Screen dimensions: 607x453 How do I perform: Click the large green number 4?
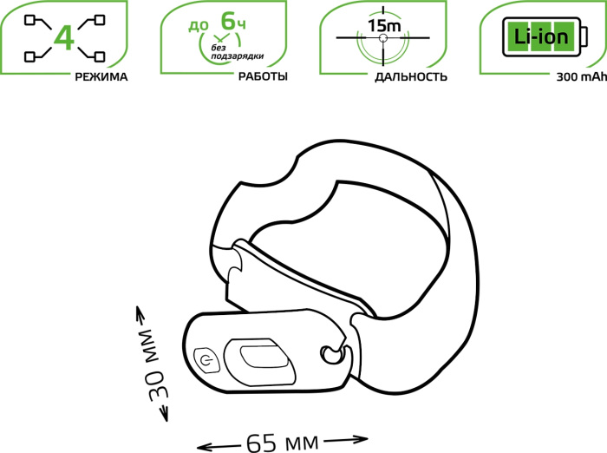pos(64,38)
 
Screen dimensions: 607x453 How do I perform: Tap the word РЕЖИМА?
pos(101,76)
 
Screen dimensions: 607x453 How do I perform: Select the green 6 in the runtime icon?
pos(228,21)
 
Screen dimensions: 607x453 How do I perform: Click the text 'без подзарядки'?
pos(238,52)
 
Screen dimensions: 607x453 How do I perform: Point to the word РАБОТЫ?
pos(263,76)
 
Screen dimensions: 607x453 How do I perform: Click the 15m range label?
pos(384,25)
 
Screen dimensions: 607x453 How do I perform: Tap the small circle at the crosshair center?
pos(383,38)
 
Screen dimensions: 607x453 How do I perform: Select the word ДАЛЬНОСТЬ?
pos(411,76)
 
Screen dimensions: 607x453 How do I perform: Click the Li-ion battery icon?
pos(545,36)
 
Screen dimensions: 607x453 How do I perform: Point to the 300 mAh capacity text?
pos(582,76)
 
